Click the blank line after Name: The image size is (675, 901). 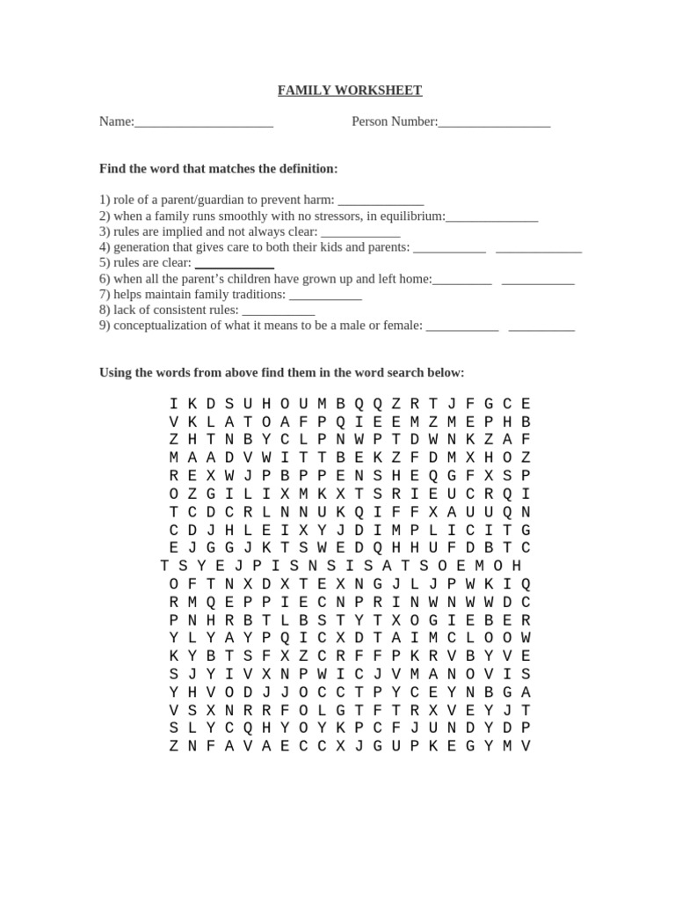pyautogui.click(x=204, y=124)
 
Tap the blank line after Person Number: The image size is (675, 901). pyautogui.click(x=494, y=124)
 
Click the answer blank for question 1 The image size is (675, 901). pyautogui.click(x=381, y=201)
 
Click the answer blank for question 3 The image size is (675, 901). pyautogui.click(x=360, y=233)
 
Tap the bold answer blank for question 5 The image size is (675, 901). pyautogui.click(x=234, y=264)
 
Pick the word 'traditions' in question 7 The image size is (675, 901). pyautogui.click(x=258, y=295)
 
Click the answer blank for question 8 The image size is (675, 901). pyautogui.click(x=278, y=311)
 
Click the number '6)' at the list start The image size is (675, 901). pyautogui.click(x=105, y=279)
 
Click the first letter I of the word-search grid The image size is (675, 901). pyautogui.click(x=173, y=404)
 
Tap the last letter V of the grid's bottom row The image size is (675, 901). pyautogui.click(x=526, y=746)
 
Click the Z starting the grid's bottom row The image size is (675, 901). pyautogui.click(x=173, y=746)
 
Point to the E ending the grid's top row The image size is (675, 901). pyautogui.click(x=526, y=404)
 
